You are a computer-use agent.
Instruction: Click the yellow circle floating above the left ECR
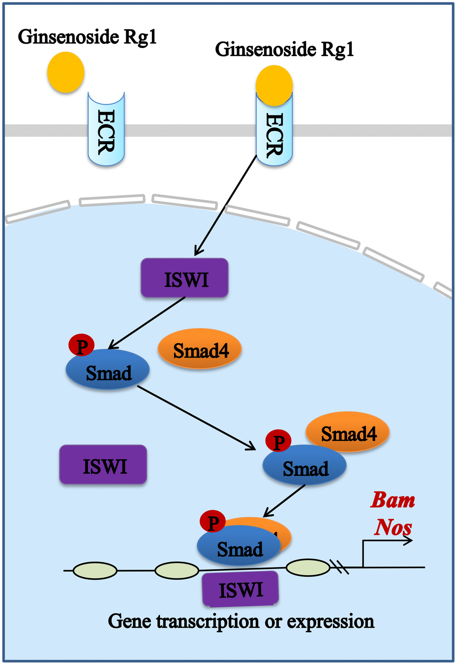[x=66, y=72]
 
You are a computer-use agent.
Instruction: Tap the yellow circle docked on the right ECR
[x=274, y=85]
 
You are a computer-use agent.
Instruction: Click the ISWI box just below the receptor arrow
[x=185, y=278]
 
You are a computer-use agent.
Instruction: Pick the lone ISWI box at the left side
[x=103, y=465]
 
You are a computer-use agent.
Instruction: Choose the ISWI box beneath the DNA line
[x=241, y=589]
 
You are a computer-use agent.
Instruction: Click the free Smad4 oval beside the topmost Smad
[x=200, y=350]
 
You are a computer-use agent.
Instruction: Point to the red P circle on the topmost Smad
[x=82, y=346]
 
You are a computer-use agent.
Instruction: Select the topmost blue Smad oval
[x=108, y=370]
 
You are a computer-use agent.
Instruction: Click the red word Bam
[x=392, y=500]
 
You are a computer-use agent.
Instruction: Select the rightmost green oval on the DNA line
[x=308, y=568]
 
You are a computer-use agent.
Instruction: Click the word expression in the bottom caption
[x=330, y=621]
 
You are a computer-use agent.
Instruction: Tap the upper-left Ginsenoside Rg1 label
[x=87, y=37]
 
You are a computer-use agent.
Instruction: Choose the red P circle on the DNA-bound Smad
[x=213, y=522]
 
